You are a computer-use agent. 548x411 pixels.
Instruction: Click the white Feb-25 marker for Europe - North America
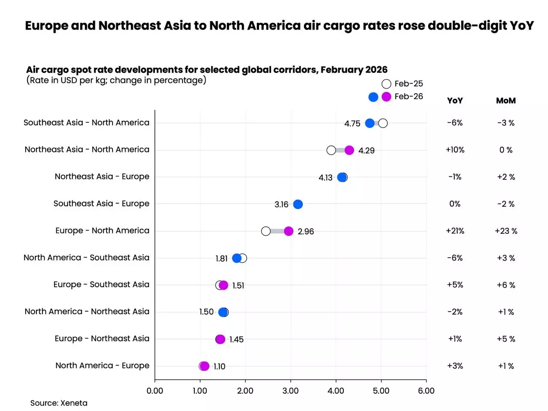[266, 231]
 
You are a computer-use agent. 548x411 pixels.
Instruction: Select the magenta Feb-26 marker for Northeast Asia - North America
[349, 150]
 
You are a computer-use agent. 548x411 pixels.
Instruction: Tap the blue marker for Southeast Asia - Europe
[298, 204]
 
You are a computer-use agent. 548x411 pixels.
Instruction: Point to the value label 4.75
[352, 124]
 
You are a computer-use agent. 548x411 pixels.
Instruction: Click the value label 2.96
[306, 232]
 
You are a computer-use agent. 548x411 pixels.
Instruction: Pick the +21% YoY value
[455, 231]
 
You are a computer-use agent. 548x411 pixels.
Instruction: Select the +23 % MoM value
[506, 231]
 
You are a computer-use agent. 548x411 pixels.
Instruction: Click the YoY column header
[455, 101]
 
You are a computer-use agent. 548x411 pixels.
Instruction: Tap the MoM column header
[506, 101]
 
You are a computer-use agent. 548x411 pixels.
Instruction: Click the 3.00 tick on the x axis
[290, 390]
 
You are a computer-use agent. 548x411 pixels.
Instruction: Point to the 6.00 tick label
[426, 390]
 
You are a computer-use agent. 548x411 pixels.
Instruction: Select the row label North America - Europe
[102, 366]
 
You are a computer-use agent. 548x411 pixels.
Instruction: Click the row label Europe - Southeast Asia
[101, 285]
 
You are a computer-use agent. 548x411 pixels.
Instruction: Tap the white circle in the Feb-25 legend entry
[386, 84]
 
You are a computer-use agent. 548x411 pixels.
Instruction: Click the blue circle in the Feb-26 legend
[373, 97]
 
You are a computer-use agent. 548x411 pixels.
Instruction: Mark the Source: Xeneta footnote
[59, 403]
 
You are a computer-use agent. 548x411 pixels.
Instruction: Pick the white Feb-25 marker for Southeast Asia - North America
[383, 123]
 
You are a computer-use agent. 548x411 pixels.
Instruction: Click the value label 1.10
[219, 366]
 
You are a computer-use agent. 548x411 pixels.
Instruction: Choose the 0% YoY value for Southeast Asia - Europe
[455, 204]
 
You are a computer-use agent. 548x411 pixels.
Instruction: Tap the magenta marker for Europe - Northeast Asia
[220, 339]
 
